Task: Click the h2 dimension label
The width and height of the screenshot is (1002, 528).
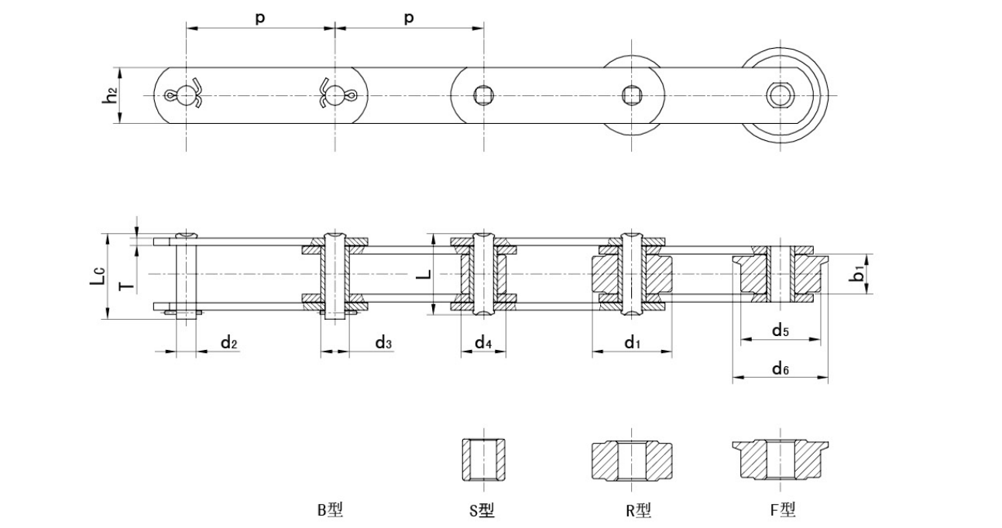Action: tap(112, 95)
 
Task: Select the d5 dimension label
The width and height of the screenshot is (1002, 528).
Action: tap(780, 331)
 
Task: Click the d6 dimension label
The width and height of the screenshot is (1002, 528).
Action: tap(780, 369)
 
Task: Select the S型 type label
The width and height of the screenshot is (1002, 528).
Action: tap(482, 510)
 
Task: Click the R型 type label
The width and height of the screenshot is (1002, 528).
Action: tap(639, 510)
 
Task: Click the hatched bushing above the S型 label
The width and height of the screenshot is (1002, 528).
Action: tap(483, 460)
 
